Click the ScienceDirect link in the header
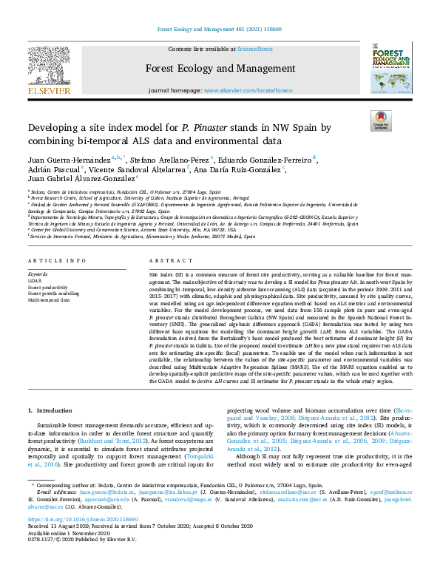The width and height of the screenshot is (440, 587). click(x=255, y=49)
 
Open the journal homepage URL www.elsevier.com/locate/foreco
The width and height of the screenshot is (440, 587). click(x=246, y=90)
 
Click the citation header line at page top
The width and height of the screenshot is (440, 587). click(x=220, y=30)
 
